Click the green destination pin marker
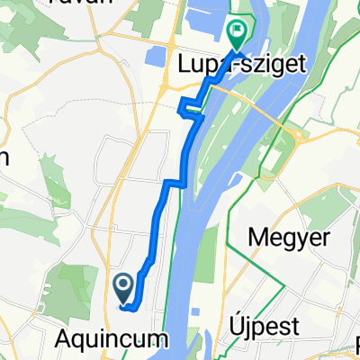tap(237, 33)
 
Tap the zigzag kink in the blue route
tap(188, 110)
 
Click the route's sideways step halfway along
tap(175, 184)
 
